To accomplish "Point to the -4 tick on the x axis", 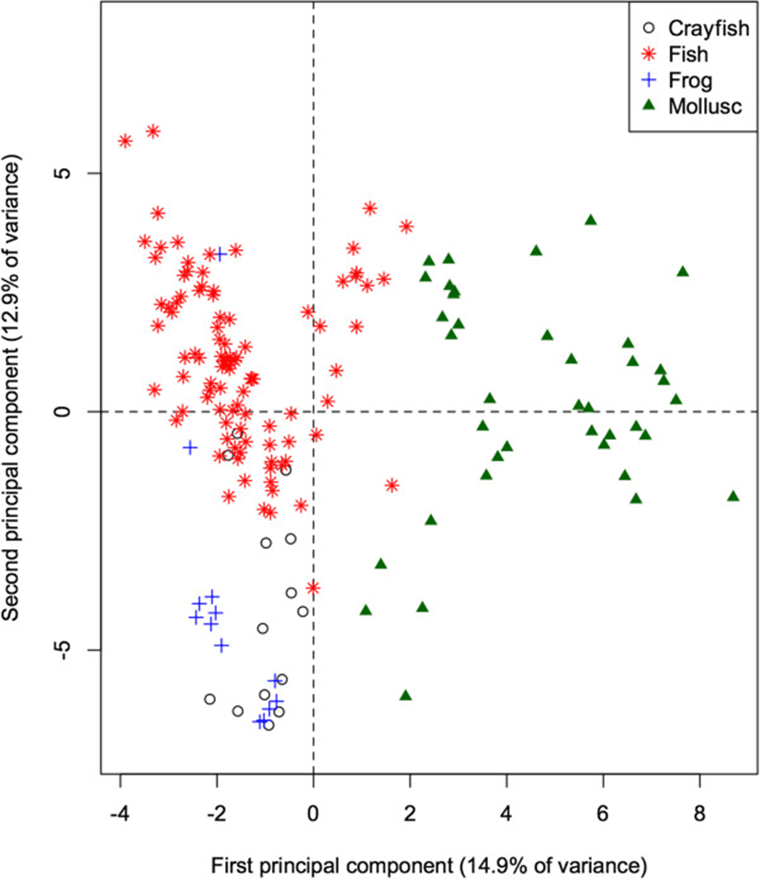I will pos(120,813).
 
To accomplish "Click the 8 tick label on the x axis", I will pos(700,813).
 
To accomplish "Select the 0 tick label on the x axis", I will pos(313,813).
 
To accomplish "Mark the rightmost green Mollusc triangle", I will pos(733,496).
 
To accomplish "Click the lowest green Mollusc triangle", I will pos(405,695).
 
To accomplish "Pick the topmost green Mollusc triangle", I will pos(591,220).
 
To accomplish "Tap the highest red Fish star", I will pos(153,131).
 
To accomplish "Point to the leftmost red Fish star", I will pos(125,141).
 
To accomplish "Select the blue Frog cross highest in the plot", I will pos(220,254).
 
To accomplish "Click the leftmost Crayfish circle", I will pos(210,699).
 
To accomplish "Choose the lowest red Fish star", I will pos(313,587).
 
